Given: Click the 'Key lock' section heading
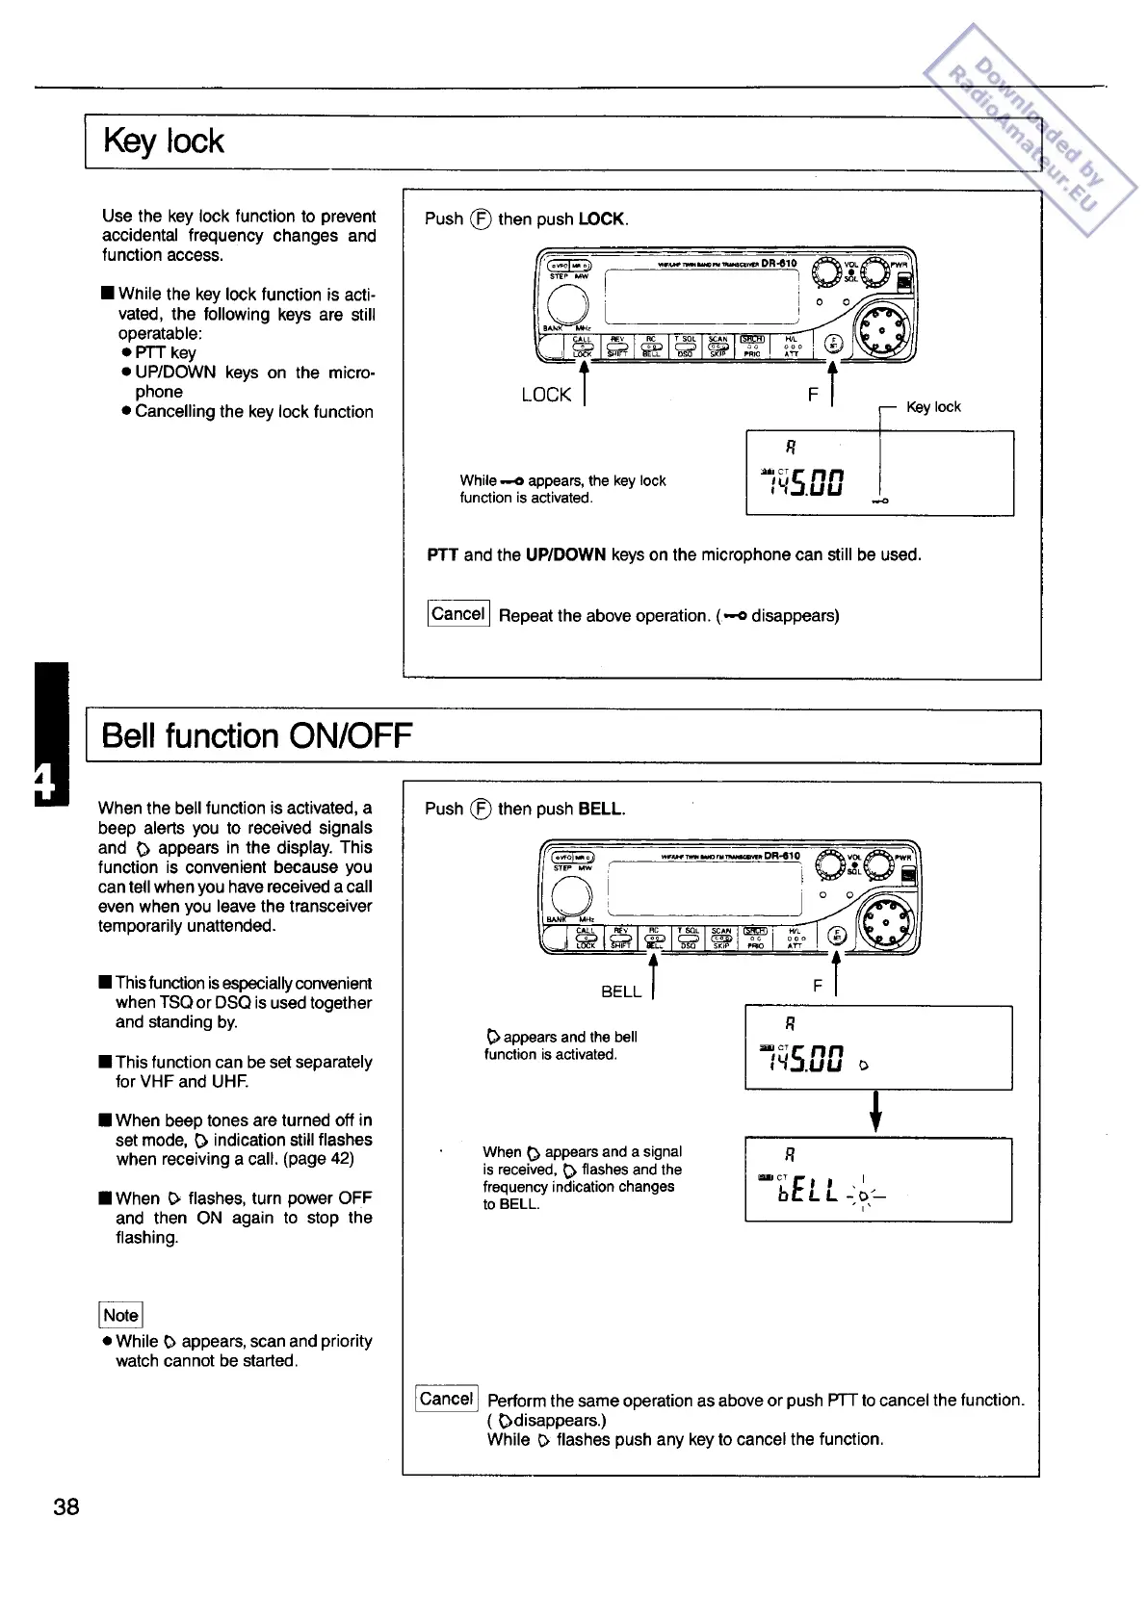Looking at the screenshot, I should tap(163, 142).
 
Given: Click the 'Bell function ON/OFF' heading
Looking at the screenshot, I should tap(256, 736).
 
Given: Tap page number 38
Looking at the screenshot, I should tap(66, 1506).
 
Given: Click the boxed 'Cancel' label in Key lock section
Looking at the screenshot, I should tap(458, 614).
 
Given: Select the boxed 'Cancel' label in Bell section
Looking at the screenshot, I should tap(447, 1399).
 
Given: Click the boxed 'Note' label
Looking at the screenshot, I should tap(120, 1315).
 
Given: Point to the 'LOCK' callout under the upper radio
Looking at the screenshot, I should tap(546, 395).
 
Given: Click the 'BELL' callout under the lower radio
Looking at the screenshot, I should tap(621, 991).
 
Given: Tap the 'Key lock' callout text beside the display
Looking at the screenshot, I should tap(933, 407).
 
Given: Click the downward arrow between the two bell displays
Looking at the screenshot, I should tap(876, 1112).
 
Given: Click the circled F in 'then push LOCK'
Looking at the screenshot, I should tap(481, 219).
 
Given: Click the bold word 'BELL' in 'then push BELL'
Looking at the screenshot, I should tap(600, 810).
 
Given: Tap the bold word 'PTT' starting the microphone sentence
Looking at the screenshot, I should tap(443, 554).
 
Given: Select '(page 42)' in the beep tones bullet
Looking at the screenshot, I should tap(318, 1159).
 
